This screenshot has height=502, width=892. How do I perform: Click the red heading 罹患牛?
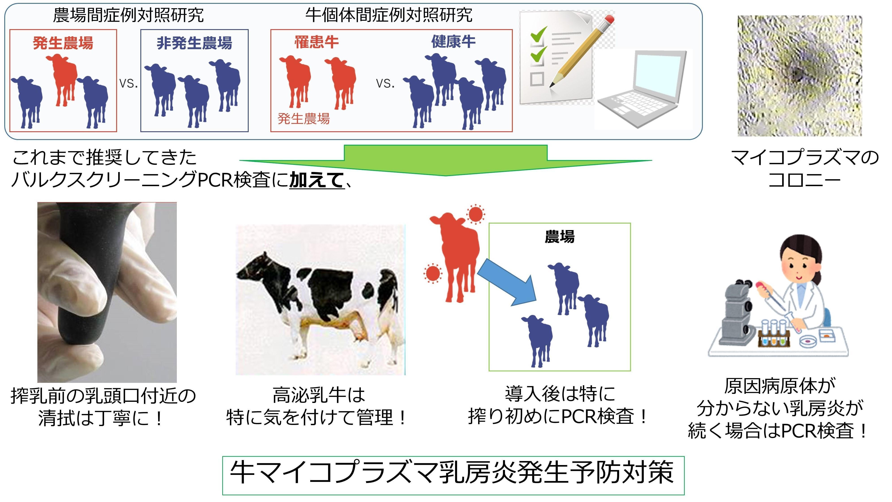click(x=317, y=42)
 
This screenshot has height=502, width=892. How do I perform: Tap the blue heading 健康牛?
click(x=453, y=42)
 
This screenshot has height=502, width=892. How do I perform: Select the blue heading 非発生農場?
click(x=194, y=43)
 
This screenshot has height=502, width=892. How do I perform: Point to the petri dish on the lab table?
click(x=809, y=341)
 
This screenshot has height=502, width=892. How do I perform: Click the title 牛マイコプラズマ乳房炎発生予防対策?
click(x=453, y=473)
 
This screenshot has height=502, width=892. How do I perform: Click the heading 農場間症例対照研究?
click(x=128, y=15)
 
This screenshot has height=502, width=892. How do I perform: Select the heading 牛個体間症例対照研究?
click(x=389, y=15)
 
